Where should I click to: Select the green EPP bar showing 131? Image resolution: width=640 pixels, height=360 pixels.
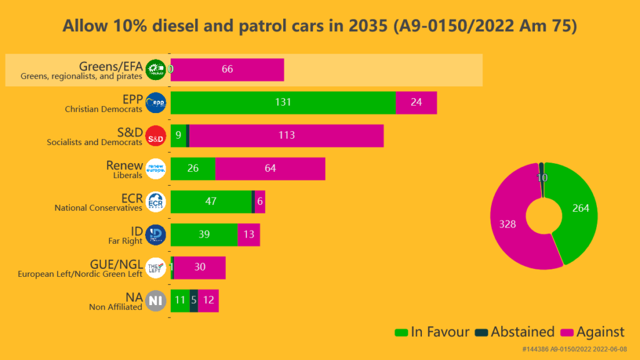282,102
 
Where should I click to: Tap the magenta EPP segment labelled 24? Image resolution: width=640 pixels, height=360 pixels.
416,102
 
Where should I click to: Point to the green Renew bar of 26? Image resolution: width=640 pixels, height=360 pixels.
192,169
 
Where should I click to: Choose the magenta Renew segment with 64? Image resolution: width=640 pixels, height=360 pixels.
270,169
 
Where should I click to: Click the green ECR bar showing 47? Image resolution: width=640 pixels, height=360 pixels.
211,202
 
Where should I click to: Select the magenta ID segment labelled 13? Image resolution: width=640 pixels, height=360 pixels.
249,235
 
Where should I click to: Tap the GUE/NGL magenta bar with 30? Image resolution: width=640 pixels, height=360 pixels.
199,267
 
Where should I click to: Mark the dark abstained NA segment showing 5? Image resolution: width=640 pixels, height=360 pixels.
194,301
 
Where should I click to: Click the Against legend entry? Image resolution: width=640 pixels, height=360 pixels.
593,332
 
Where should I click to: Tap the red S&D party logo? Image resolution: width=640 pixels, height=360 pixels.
155,136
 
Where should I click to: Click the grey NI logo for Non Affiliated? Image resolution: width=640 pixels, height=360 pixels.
155,301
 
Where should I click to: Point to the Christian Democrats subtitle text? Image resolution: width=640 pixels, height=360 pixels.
103,109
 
